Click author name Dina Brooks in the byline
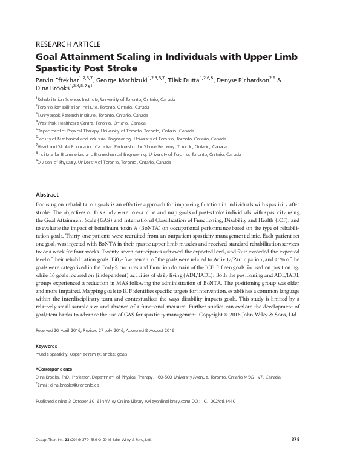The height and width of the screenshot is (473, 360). (x=53, y=89)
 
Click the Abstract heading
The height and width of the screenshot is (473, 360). (x=47, y=195)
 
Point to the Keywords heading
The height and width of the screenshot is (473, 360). (x=49, y=347)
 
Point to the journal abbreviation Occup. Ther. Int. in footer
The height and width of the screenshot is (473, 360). (x=53, y=440)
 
